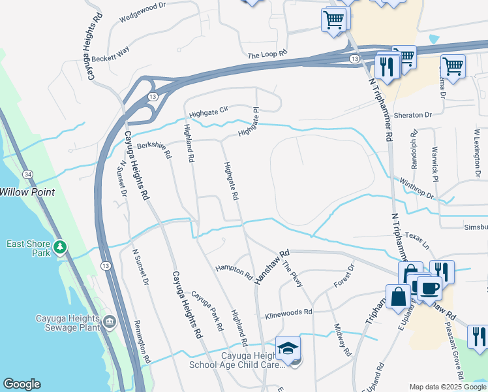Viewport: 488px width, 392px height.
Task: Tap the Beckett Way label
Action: pos(112,57)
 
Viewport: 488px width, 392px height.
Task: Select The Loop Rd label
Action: pos(267,55)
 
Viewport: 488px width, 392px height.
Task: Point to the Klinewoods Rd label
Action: pos(289,315)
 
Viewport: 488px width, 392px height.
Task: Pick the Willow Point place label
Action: pos(25,192)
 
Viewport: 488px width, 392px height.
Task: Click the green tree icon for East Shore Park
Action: pos(61,248)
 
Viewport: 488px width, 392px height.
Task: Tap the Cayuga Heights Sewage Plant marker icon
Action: pos(109,322)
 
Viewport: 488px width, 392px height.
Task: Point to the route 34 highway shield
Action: pos(27,174)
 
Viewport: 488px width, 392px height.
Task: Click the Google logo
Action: pos(22,384)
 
